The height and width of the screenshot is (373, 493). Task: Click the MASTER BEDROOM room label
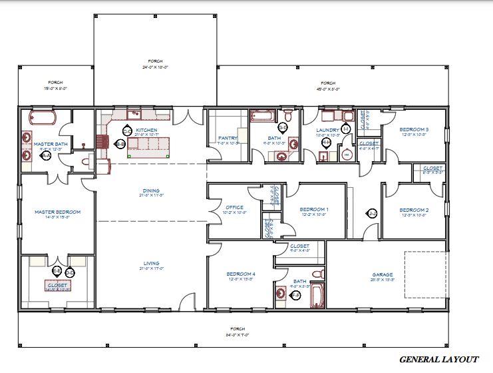point(58,212)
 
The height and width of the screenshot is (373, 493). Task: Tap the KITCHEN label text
point(146,130)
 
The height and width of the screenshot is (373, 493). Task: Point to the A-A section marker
point(46,155)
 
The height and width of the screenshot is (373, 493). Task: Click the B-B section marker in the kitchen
point(120,144)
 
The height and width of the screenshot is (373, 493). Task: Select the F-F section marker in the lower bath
point(297,294)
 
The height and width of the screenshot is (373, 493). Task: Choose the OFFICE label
point(235,207)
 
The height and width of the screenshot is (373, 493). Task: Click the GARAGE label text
point(382,274)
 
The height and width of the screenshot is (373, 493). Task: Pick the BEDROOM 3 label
point(414,129)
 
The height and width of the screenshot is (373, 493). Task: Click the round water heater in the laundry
point(347,155)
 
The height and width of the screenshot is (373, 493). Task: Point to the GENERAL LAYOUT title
point(438,359)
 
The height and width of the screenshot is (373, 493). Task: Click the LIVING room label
point(152,264)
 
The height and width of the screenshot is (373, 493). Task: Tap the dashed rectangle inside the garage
point(426,274)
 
